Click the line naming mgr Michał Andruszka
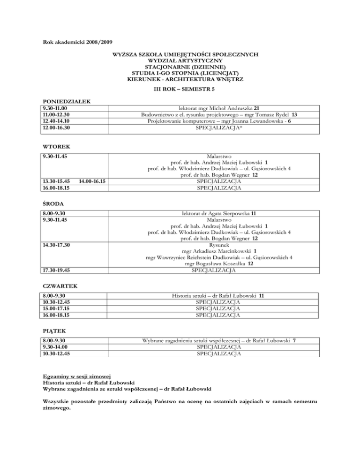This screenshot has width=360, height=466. (x=213, y=109)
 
